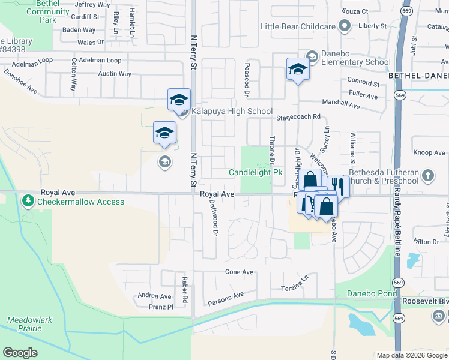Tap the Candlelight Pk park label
coord(255,173)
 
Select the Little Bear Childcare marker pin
coord(344,26)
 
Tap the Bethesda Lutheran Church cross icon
coord(427,176)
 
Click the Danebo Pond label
coord(372,294)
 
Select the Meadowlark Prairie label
coord(24,324)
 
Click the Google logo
coord(20,352)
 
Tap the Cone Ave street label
coord(239,272)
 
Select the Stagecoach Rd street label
coord(298,118)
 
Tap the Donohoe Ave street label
coord(20,82)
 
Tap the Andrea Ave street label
coord(154,296)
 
